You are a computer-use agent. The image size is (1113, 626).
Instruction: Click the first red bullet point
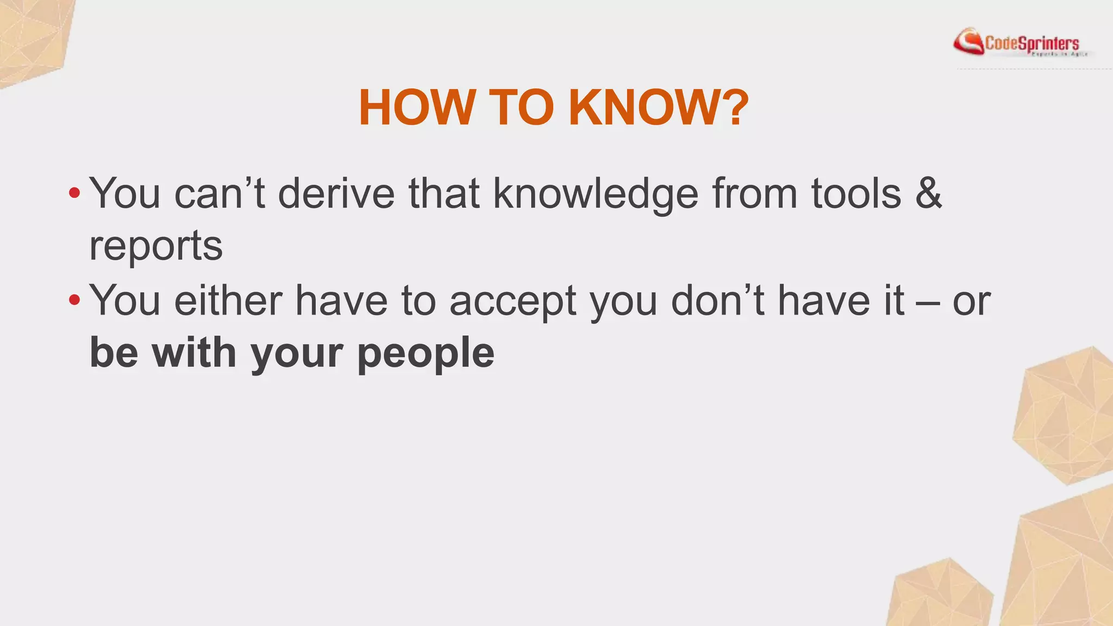[x=74, y=193]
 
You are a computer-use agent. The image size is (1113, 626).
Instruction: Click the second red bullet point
[x=74, y=300]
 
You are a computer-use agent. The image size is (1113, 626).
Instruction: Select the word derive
[x=336, y=193]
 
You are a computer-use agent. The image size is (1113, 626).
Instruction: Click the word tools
[x=856, y=193]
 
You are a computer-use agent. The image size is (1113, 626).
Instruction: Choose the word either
[x=228, y=300]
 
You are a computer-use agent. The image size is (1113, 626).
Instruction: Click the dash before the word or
[x=928, y=302]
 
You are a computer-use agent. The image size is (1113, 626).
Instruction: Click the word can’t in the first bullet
[x=220, y=193]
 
